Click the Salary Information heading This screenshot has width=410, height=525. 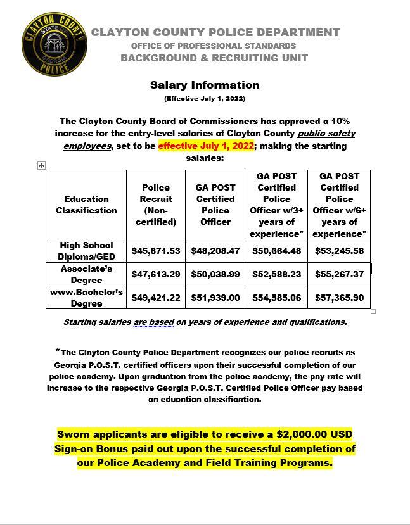pyautogui.click(x=205, y=85)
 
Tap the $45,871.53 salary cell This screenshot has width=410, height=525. pyautogui.click(x=156, y=251)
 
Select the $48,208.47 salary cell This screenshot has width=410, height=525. pyautogui.click(x=215, y=251)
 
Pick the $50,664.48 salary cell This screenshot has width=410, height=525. pyautogui.click(x=276, y=251)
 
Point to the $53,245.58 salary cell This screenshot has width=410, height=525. pyautogui.click(x=339, y=251)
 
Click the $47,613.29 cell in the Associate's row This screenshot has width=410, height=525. pyautogui.click(x=156, y=274)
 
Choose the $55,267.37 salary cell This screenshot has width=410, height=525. pyautogui.click(x=339, y=274)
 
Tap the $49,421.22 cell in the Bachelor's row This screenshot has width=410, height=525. pyautogui.click(x=156, y=298)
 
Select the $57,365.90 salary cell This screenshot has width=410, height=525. pyautogui.click(x=339, y=298)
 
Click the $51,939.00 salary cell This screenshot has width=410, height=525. pyautogui.click(x=215, y=298)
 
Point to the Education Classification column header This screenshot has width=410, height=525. pyautogui.click(x=86, y=205)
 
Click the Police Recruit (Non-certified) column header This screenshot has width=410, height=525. pyautogui.click(x=156, y=205)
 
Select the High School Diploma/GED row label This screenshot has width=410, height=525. pyautogui.click(x=86, y=251)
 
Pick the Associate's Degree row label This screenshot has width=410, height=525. pyautogui.click(x=86, y=274)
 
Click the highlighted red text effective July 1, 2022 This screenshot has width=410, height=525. pyautogui.click(x=206, y=146)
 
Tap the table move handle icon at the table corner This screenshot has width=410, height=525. pyautogui.click(x=41, y=165)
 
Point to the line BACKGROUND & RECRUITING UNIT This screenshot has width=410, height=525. pyautogui.click(x=214, y=58)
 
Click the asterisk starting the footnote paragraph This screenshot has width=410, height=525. pyautogui.click(x=58, y=350)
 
